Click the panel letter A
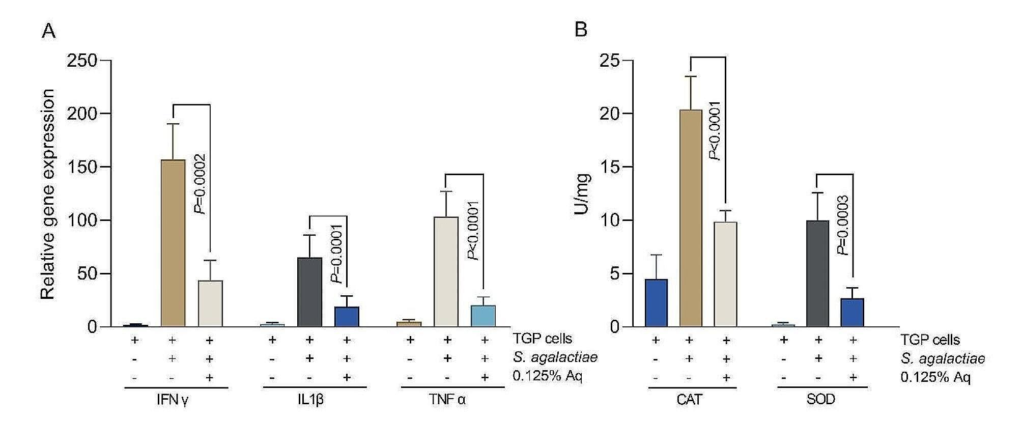coord(48,31)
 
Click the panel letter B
coord(581,30)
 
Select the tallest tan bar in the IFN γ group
coord(173,243)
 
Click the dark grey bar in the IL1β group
coord(309,292)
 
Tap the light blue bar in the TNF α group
coord(484,316)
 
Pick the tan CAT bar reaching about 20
coord(690,218)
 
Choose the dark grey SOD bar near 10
coord(818,273)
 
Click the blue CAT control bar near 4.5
coord(656,302)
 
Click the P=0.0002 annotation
coord(201,184)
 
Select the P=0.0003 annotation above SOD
coord(842,225)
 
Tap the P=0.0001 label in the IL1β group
coord(336,254)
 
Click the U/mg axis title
coord(582,194)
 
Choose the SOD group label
coord(820,400)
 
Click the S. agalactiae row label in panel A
coord(555,358)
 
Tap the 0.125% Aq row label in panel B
coord(935,377)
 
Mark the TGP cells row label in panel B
coord(930,340)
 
